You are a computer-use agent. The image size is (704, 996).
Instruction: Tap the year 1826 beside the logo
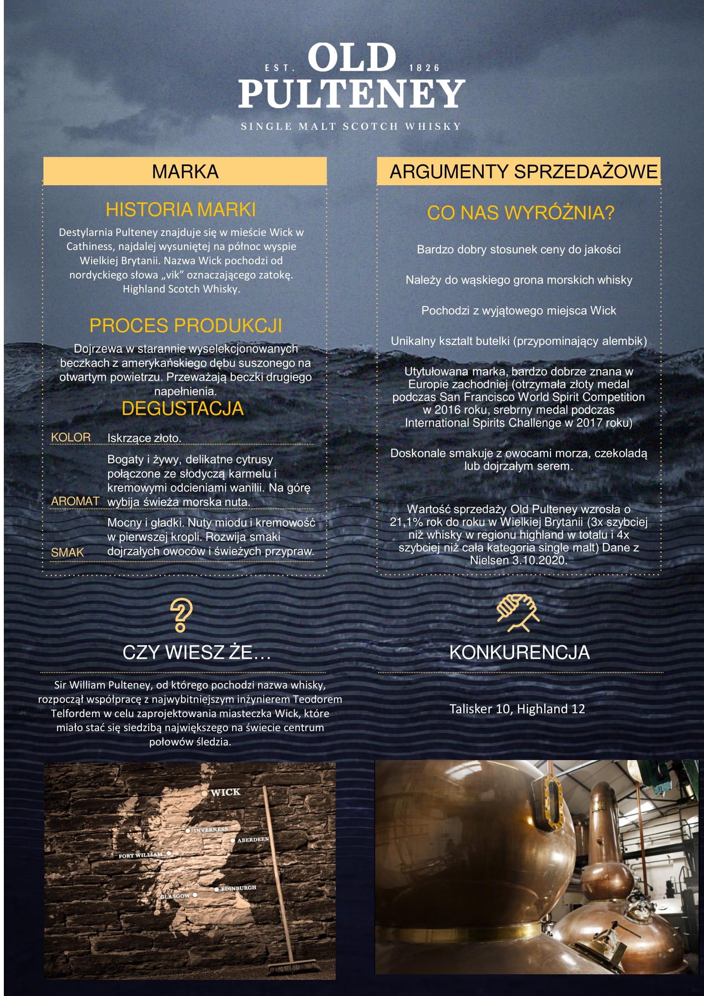tap(424, 68)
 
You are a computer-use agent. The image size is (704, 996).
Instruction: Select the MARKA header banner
tap(185, 171)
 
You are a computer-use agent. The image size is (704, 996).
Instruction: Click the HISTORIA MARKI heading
tap(181, 210)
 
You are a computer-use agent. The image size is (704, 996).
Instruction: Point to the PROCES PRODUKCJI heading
tap(186, 325)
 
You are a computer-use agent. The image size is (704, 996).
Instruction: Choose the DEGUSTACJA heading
tap(182, 408)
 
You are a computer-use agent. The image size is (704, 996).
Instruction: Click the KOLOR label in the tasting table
tap(71, 437)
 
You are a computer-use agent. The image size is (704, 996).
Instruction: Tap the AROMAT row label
tap(75, 501)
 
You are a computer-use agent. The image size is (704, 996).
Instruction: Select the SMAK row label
tap(67, 552)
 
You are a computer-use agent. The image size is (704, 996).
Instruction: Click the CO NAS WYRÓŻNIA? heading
tap(520, 212)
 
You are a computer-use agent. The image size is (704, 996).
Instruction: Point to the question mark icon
tap(181, 615)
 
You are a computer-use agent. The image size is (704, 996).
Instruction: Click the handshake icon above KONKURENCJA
tap(518, 612)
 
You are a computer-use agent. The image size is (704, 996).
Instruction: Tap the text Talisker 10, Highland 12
tap(517, 709)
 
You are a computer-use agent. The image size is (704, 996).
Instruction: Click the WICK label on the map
tap(225, 792)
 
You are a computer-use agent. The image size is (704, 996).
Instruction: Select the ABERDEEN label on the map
tap(253, 839)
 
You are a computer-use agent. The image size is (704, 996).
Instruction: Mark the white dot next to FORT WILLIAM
tap(169, 853)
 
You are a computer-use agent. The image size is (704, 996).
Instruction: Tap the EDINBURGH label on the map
tap(238, 888)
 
